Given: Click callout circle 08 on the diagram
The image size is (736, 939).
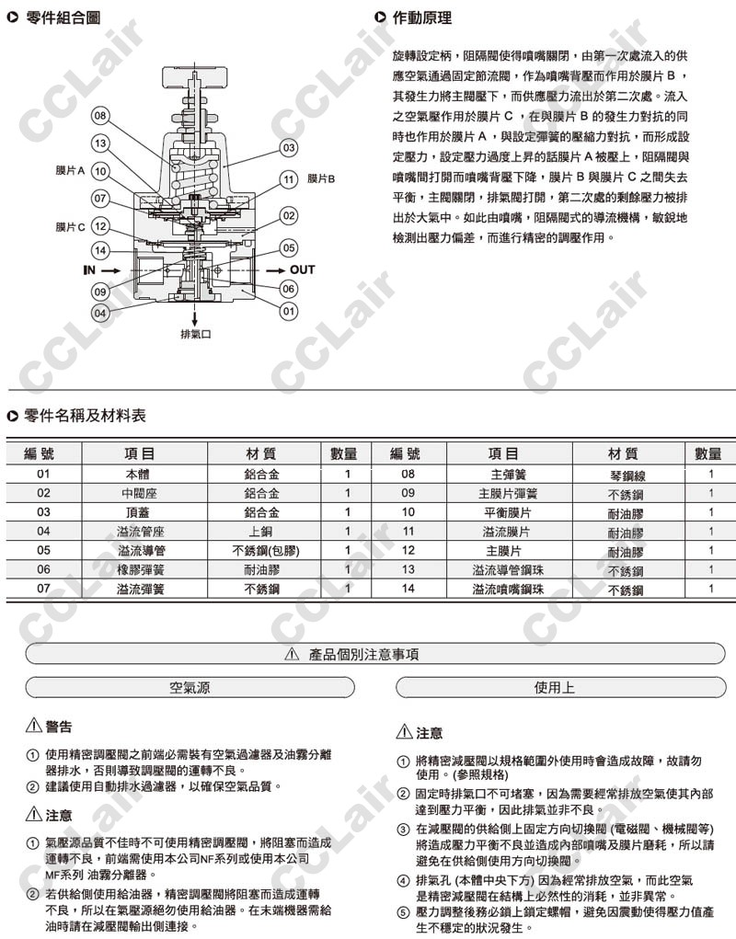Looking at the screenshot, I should [101, 117].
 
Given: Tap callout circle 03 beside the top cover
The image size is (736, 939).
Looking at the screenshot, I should [289, 148].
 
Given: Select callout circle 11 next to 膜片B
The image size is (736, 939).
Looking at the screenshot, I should [289, 179].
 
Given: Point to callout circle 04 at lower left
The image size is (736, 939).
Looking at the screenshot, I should [101, 313].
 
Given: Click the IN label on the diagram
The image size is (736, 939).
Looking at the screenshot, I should [89, 270].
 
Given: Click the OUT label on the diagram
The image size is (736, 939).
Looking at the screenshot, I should [302, 270].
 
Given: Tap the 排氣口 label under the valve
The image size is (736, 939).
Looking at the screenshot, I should [196, 335].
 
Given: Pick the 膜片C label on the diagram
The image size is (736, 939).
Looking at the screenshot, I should [70, 226].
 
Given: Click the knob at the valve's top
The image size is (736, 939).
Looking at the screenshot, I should [197, 75].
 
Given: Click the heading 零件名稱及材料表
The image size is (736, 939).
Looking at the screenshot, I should [84, 417].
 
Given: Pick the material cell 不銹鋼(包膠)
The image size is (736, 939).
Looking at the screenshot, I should [265, 550].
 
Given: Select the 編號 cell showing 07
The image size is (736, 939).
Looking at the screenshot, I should [43, 588].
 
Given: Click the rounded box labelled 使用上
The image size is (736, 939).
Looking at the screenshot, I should [555, 687].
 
